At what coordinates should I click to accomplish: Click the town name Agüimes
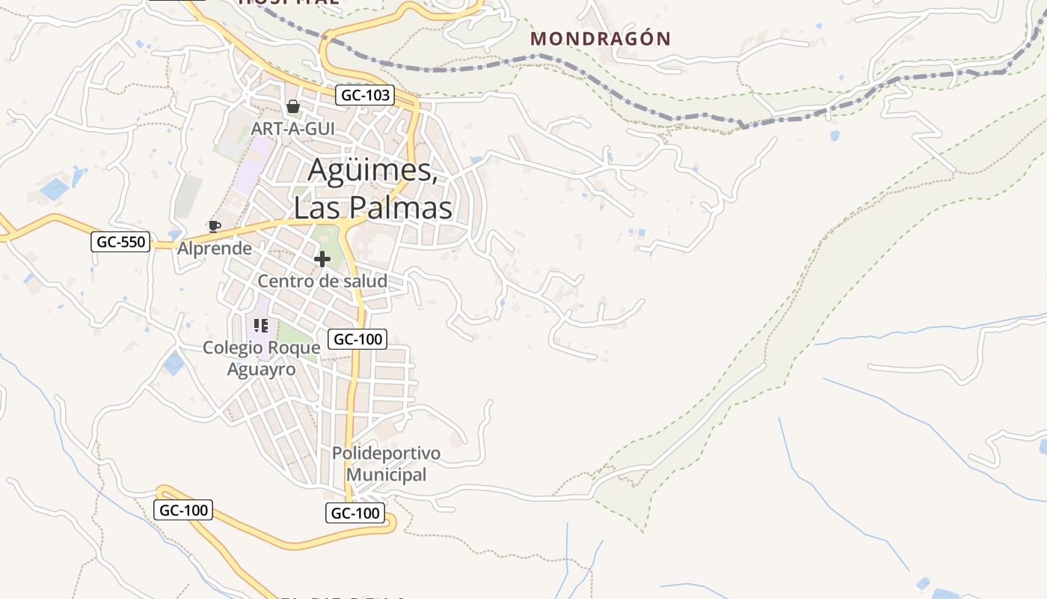(x=372, y=171)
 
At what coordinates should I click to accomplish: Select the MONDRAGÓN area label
(x=601, y=39)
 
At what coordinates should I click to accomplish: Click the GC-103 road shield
(x=365, y=95)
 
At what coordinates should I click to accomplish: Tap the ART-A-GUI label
(x=292, y=129)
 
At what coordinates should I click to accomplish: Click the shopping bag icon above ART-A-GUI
(x=293, y=106)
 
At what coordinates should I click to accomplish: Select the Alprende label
(x=215, y=249)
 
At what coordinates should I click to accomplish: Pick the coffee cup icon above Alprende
(x=215, y=226)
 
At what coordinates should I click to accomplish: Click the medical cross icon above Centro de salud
(x=322, y=259)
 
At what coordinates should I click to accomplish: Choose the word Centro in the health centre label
(x=284, y=282)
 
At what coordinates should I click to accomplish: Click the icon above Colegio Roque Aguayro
(x=261, y=325)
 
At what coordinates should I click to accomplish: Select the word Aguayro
(x=261, y=369)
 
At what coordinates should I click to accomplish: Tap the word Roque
(x=295, y=347)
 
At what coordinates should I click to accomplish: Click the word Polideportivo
(x=386, y=454)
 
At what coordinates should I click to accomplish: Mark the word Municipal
(x=386, y=475)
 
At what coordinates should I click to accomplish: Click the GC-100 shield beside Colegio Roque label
(x=358, y=339)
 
